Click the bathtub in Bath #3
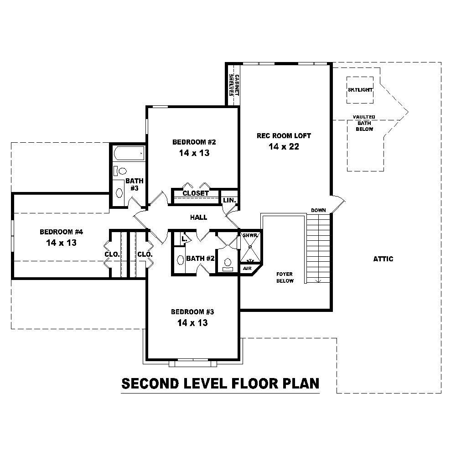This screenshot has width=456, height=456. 128,154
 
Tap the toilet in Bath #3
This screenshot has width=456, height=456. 120,171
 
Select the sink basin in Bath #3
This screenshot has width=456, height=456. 119,193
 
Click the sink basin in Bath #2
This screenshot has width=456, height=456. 180,260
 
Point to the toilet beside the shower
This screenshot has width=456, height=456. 228,264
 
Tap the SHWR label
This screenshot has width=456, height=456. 250,235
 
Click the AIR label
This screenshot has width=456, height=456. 247,269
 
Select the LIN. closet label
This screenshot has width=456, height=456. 229,200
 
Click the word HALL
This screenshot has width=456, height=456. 199,218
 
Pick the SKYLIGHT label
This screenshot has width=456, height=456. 360,90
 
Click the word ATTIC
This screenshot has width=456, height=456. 383,259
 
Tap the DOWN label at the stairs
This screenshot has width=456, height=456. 318,210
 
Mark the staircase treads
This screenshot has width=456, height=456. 317,249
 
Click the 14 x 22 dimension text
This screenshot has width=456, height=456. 284,146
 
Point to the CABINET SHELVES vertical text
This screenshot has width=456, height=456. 234,84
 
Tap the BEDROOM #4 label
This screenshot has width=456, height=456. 61,231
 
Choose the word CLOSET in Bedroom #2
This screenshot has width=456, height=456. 196,193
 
